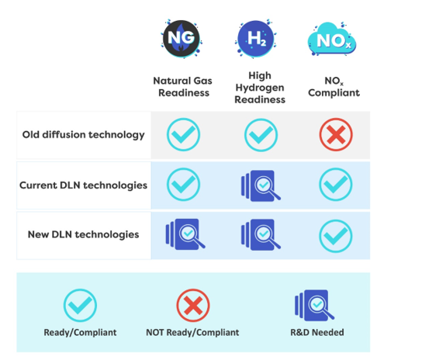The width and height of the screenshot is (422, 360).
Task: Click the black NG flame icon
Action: (181, 39)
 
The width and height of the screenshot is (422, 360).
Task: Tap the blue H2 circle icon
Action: (256, 39)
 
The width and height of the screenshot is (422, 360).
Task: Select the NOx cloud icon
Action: (332, 40)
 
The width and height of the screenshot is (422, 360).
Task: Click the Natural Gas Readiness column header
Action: (183, 87)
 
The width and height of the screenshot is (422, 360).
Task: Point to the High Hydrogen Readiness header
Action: (260, 87)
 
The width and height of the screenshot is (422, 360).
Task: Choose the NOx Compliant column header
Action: (334, 87)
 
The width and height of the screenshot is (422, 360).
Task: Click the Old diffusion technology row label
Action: (84, 135)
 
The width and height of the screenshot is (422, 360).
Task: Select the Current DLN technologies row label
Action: (84, 185)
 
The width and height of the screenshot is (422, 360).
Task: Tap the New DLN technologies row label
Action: (84, 234)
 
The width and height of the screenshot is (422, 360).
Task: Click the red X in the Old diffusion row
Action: (336, 134)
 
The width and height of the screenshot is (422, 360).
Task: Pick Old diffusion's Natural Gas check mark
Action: (183, 135)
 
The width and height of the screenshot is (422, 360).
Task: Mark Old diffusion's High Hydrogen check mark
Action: (261, 135)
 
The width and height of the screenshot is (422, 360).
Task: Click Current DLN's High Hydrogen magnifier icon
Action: (261, 185)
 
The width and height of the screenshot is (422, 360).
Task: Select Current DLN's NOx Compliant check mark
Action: (336, 185)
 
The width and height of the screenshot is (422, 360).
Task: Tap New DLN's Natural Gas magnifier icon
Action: (185, 234)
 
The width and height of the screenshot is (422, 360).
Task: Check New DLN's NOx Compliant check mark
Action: (336, 236)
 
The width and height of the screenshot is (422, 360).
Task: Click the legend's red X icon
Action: (193, 306)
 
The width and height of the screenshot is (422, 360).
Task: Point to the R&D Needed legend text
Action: (317, 333)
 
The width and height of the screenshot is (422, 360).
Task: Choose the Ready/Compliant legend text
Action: (80, 333)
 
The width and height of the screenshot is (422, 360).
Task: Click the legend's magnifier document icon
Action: (314, 306)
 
